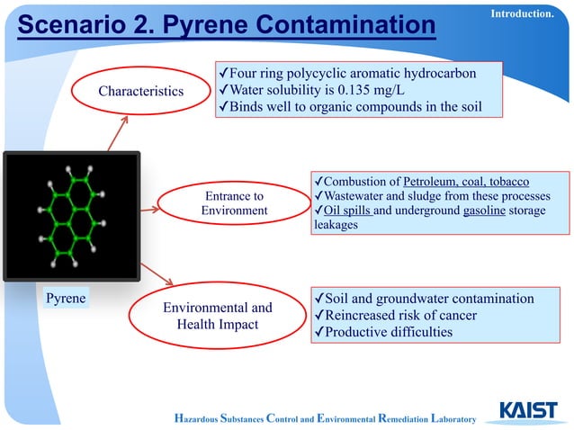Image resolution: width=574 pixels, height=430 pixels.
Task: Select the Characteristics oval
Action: [140, 91]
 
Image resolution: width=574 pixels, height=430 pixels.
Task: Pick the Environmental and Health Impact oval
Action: [217, 316]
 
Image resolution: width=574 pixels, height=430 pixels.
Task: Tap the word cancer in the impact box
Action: [455, 315]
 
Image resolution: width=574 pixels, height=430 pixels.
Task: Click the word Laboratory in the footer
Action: [444, 418]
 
